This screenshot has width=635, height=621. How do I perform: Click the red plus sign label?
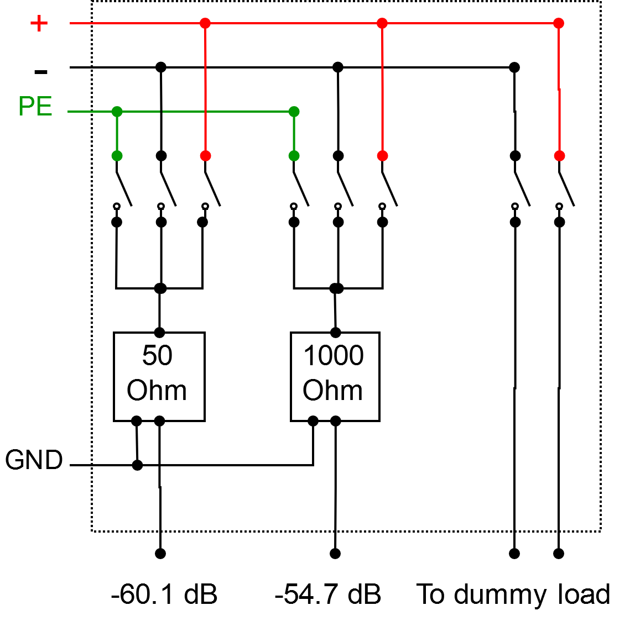pos(39,23)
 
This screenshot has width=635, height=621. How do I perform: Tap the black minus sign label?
pos(40,71)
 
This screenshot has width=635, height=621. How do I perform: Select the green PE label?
pos(35,106)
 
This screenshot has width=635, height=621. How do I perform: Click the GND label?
pos(34,460)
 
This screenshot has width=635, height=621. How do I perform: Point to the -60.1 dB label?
pos(164,594)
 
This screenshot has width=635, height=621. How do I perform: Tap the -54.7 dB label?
pos(328,594)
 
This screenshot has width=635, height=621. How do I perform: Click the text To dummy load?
pos(513,594)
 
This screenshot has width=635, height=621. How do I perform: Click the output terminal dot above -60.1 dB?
pos(160,554)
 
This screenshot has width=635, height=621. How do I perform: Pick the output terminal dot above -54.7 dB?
pos(335,554)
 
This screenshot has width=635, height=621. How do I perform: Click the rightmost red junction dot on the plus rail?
pos(559,23)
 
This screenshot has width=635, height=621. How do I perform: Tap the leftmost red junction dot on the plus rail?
pos(205,23)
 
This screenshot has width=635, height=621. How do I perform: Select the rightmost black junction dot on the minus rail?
pos(514,67)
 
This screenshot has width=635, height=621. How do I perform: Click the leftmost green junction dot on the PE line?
pos(117,112)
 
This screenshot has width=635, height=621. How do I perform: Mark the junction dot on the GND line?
pos(137,465)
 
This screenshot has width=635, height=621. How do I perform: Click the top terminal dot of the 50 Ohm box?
pos(159,333)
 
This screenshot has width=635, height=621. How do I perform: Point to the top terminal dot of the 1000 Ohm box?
pos(335,333)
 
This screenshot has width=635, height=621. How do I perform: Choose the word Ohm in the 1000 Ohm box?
pos(332,390)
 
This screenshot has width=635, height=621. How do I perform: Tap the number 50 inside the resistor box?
pos(157,355)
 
